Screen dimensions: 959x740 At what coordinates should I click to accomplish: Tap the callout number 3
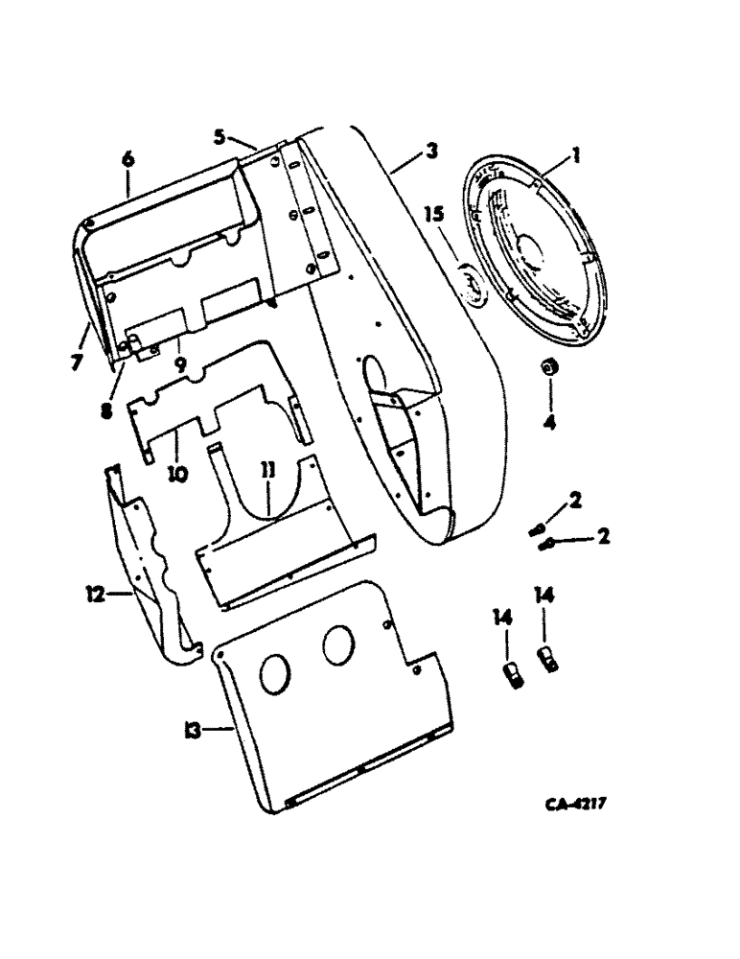tap(432, 151)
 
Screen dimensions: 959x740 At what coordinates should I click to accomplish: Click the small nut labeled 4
tap(551, 368)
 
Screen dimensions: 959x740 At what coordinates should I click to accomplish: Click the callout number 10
tap(179, 473)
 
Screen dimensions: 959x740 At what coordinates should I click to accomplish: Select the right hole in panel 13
tap(337, 644)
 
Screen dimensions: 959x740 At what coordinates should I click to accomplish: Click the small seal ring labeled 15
tap(472, 285)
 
